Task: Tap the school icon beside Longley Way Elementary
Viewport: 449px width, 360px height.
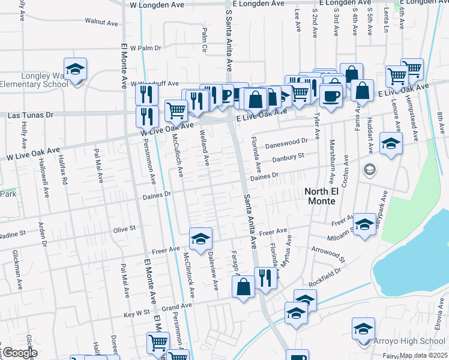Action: (x=76, y=70)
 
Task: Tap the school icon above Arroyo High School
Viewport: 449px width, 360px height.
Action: (x=363, y=330)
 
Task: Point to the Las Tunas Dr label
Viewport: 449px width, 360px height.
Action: (x=30, y=114)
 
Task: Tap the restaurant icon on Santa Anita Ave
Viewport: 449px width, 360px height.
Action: (x=264, y=278)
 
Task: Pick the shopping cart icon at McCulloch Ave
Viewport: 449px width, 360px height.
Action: (x=175, y=110)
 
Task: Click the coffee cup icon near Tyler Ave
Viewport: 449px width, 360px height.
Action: (x=331, y=95)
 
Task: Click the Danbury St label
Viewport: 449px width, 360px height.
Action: (x=285, y=158)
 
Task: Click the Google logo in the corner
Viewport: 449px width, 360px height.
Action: (x=19, y=352)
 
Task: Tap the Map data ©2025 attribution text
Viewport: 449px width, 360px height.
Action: (x=423, y=355)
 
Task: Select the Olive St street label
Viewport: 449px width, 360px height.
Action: (x=125, y=229)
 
